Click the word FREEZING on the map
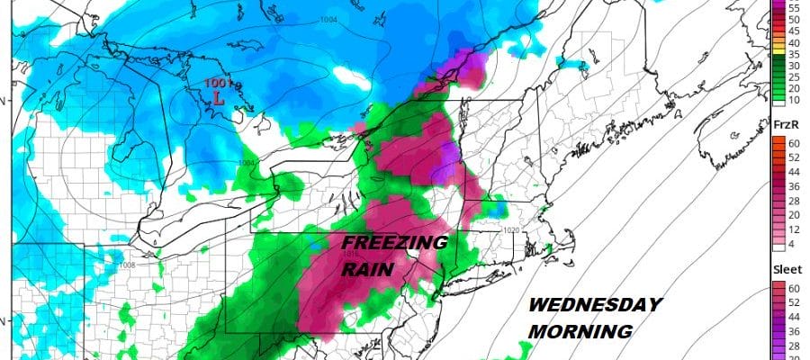coord(393,244)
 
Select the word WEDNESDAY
coord(594,306)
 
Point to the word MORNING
coord(579,332)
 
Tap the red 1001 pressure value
coord(216,85)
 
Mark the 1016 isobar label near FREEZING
coord(352,253)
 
